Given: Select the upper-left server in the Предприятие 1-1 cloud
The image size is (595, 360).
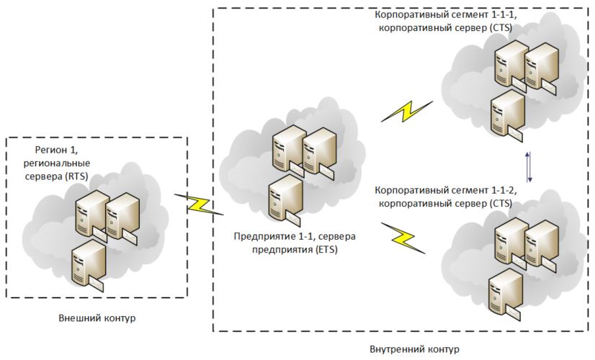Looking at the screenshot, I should pos(286,150).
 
